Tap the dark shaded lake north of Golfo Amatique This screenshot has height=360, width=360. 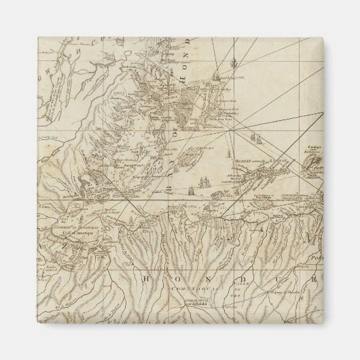(x=86, y=183)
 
